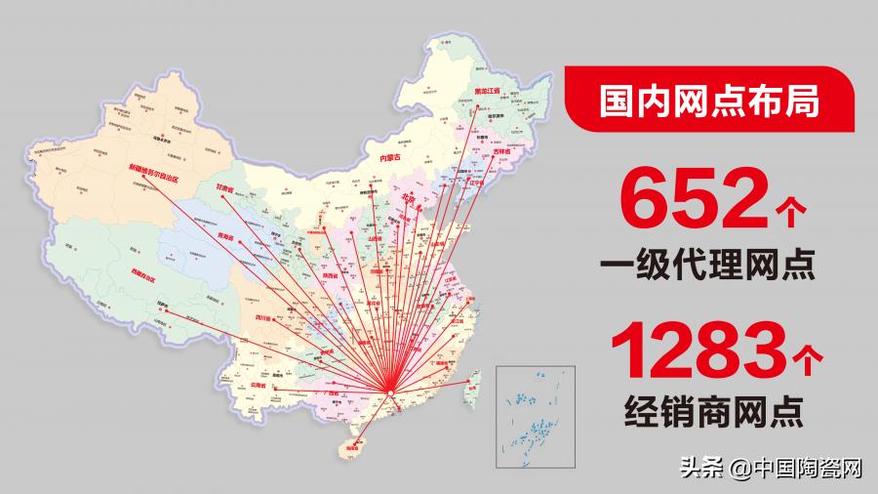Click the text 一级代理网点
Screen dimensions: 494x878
[707, 266]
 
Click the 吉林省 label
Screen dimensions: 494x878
[500, 151]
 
